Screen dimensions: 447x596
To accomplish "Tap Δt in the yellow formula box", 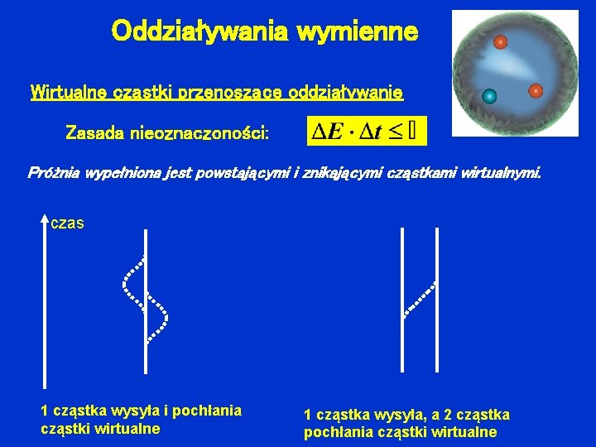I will pyautogui.click(x=372, y=130).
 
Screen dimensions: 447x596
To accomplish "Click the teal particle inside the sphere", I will pyautogui.click(x=489, y=96).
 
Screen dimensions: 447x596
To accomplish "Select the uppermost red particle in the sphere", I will pyautogui.click(x=500, y=41).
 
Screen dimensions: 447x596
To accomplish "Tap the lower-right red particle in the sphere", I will pyautogui.click(x=536, y=90).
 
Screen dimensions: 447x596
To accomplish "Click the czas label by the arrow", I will pyautogui.click(x=67, y=223).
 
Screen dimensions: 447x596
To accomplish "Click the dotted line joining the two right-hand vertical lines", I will pyautogui.click(x=420, y=299).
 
